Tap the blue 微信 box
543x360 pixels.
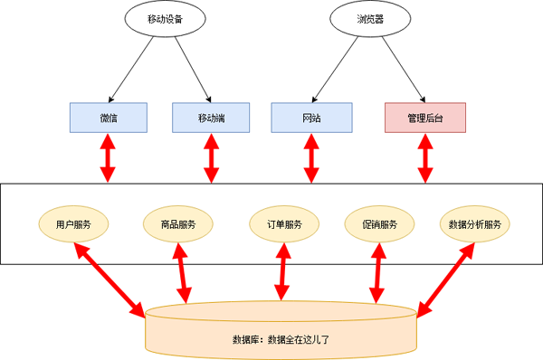(x=109, y=117)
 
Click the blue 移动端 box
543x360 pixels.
(x=211, y=117)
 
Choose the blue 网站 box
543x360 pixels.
(x=310, y=117)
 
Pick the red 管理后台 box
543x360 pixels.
(x=424, y=117)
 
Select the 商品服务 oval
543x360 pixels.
(x=178, y=224)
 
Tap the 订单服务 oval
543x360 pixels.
(x=283, y=224)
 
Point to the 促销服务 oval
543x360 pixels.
(x=378, y=224)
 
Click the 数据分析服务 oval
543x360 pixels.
(x=474, y=224)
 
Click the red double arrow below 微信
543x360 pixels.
(x=109, y=157)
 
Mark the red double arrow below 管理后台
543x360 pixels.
(x=424, y=157)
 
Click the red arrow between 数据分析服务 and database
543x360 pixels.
(x=445, y=279)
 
